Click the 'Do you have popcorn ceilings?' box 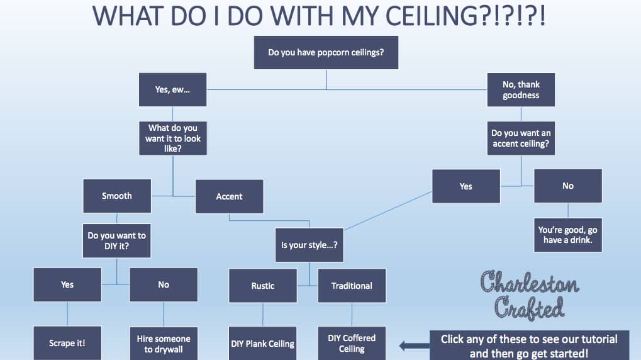[326, 52]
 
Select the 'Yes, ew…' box [172, 89]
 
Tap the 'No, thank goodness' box [521, 89]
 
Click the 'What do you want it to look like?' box [172, 138]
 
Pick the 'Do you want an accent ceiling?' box [521, 138]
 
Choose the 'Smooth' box [117, 196]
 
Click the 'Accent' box [229, 196]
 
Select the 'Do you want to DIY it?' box [117, 240]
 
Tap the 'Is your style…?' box [309, 245]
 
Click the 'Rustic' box [263, 286]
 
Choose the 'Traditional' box [352, 286]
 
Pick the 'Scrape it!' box [67, 343]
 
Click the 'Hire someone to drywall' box [164, 343]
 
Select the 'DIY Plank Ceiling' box [263, 344]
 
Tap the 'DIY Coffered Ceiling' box [352, 343]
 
